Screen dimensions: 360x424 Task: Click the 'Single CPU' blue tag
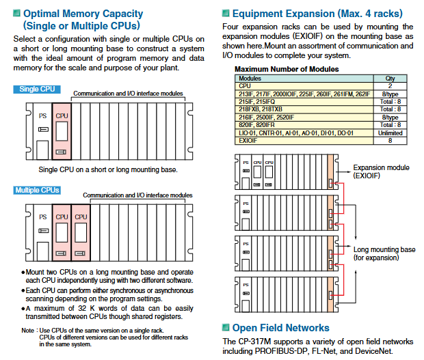click(37, 89)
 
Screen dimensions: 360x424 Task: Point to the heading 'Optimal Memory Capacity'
click(83, 13)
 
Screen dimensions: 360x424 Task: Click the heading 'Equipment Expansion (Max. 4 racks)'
click(317, 13)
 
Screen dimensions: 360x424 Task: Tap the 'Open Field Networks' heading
click(280, 328)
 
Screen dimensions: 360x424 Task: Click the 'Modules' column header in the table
click(250, 79)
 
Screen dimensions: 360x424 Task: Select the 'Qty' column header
click(390, 79)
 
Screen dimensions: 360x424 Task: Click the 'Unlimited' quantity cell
click(390, 133)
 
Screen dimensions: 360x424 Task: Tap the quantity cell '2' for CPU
click(390, 86)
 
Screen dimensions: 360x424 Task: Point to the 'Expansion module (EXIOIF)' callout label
click(381, 171)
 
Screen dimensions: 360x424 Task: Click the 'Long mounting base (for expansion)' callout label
click(384, 253)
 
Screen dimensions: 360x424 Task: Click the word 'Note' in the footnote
click(27, 331)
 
